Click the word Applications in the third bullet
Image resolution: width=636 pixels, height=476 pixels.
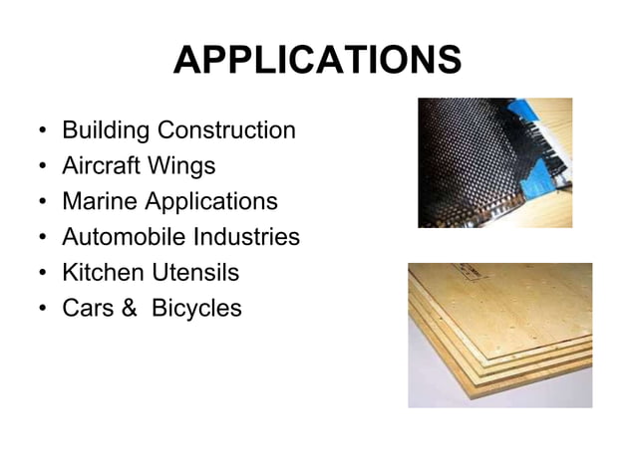pyautogui.click(x=211, y=202)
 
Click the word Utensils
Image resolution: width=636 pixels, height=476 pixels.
pyautogui.click(x=194, y=272)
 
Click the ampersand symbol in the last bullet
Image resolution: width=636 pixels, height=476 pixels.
pyautogui.click(x=129, y=308)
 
